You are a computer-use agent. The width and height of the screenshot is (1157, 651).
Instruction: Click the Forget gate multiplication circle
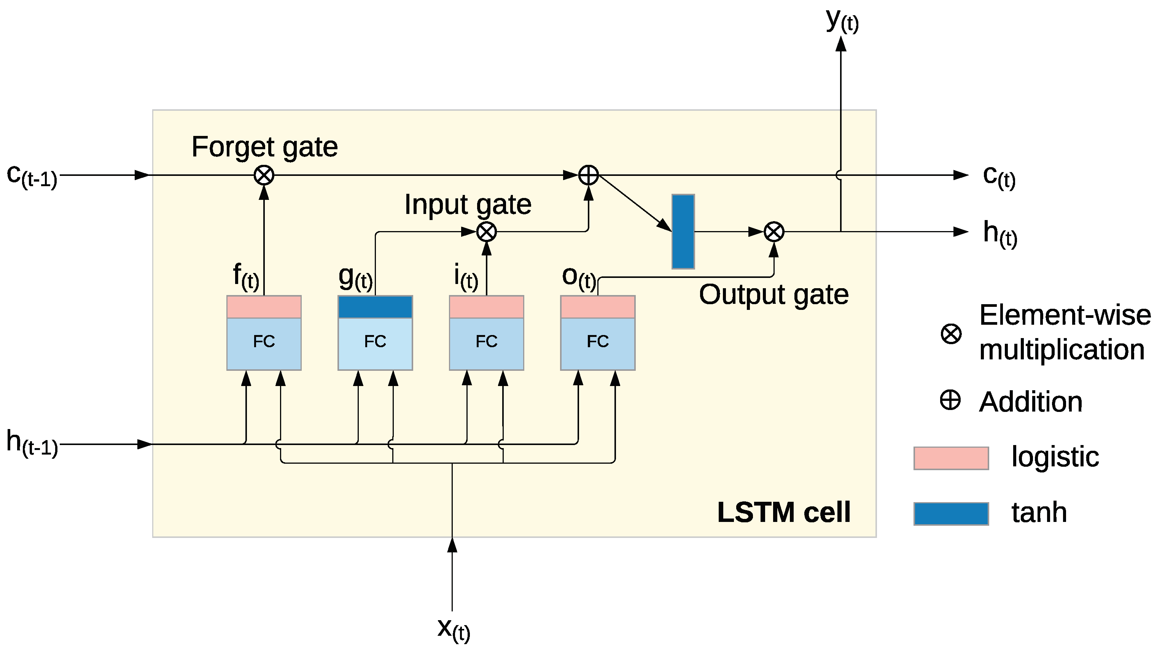pos(264,175)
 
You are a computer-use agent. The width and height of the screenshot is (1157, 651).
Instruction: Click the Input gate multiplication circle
pos(486,232)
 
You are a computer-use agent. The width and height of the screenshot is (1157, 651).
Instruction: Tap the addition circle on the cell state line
pos(588,175)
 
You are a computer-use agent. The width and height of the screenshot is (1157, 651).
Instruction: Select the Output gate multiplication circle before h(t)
pos(774,232)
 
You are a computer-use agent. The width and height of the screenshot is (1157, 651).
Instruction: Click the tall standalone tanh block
pos(683,231)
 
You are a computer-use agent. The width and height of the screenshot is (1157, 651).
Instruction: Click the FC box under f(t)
pos(264,344)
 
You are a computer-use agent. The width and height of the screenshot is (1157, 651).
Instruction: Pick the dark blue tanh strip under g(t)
pos(375,307)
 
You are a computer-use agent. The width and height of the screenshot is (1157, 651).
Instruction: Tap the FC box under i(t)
pos(486,344)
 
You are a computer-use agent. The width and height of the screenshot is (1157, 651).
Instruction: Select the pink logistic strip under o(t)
pos(597,307)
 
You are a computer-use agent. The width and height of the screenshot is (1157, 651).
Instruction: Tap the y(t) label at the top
pos(842,20)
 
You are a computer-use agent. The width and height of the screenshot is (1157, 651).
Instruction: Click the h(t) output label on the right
pos(1000,233)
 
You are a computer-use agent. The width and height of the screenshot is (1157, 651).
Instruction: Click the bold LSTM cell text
pos(784,512)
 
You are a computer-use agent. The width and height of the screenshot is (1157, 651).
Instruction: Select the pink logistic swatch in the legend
pos(951,458)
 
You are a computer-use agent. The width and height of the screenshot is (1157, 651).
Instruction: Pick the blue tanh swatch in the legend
pos(951,514)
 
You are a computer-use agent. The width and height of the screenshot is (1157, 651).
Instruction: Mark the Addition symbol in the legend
pos(950,400)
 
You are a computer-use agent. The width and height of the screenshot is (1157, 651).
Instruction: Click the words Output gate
pos(773,295)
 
